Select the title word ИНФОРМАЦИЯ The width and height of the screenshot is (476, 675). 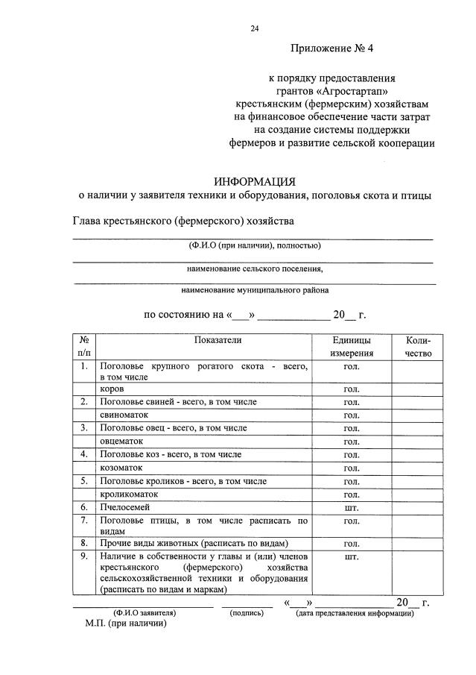pyautogui.click(x=255, y=181)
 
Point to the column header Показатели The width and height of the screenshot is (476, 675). pyautogui.click(x=218, y=340)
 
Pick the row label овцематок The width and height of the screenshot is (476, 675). pyautogui.click(x=123, y=441)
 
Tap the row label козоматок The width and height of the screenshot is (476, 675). pyautogui.click(x=123, y=467)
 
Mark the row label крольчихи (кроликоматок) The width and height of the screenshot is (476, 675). pyautogui.click(x=128, y=494)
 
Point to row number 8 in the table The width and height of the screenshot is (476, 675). pyautogui.click(x=84, y=542)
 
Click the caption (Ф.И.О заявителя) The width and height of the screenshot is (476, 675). pyautogui.click(x=145, y=613)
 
